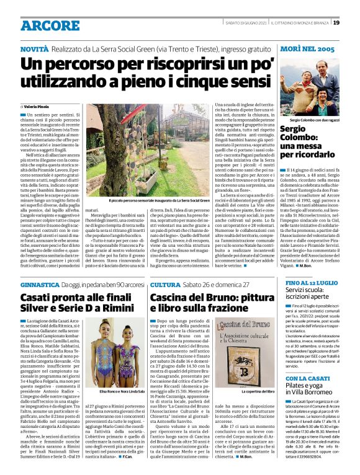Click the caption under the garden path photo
pos(159,201)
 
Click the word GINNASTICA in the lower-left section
pos(39,283)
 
